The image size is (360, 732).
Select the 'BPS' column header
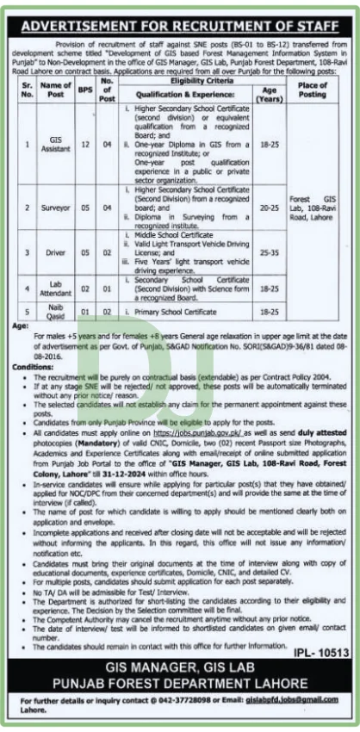84,88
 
